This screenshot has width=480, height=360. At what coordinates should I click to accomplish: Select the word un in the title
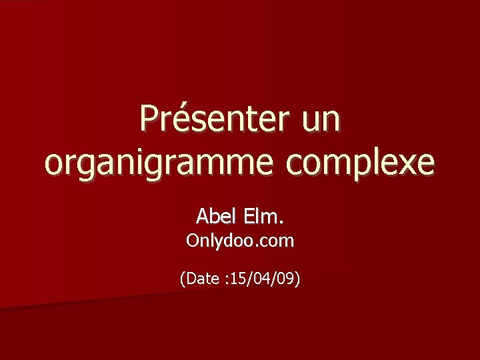tap(321, 121)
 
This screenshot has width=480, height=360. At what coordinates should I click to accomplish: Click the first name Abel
tap(212, 216)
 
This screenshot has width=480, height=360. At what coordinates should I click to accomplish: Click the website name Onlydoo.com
tap(240, 241)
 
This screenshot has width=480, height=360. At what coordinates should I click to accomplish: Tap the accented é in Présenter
tap(179, 121)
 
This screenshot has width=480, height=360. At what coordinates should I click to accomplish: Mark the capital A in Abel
tap(202, 216)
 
